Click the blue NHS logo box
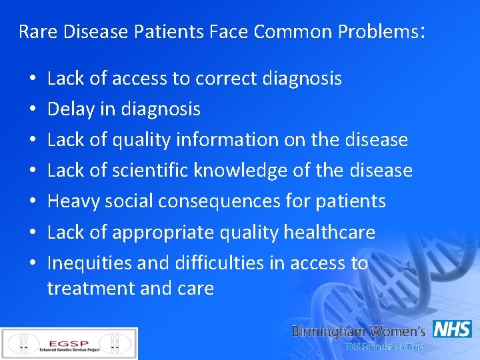point(452,329)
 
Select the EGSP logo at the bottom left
point(69,344)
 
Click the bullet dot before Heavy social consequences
point(33,202)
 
